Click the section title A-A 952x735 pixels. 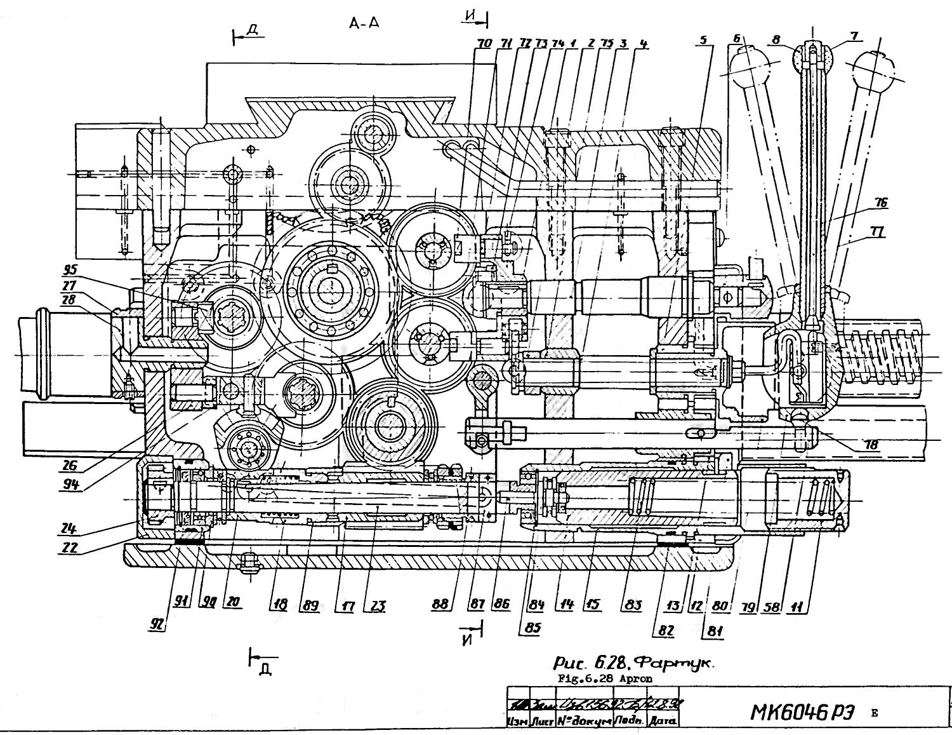coord(364,24)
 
